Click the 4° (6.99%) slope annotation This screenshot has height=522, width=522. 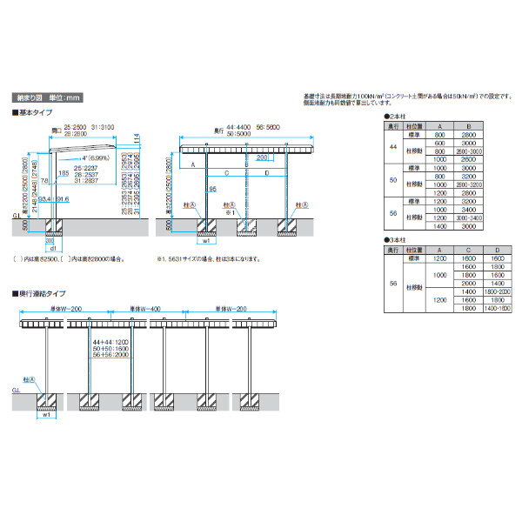tap(92, 158)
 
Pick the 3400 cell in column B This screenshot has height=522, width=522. tap(469, 209)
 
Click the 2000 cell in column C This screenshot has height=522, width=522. tap(469, 283)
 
